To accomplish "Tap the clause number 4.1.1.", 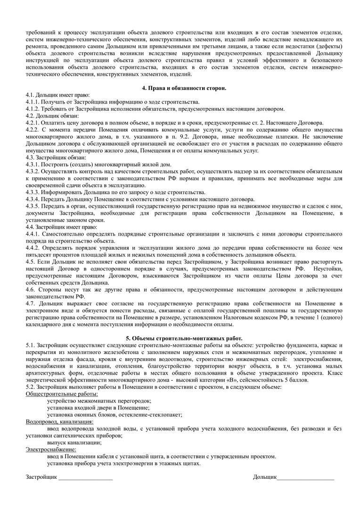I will [33, 102].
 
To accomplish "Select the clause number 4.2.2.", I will [33, 129].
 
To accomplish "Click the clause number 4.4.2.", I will [33, 247].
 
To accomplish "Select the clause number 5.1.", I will [31, 345].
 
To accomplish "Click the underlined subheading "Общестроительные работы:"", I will [62, 394].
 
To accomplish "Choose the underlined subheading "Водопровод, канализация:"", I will [60, 422].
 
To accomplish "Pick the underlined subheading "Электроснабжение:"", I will [51, 449].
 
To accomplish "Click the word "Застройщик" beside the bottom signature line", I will [41, 477].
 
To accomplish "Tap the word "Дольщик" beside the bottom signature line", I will [264, 477].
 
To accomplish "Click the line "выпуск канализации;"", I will [74, 443].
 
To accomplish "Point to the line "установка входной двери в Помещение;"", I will [98, 408].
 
